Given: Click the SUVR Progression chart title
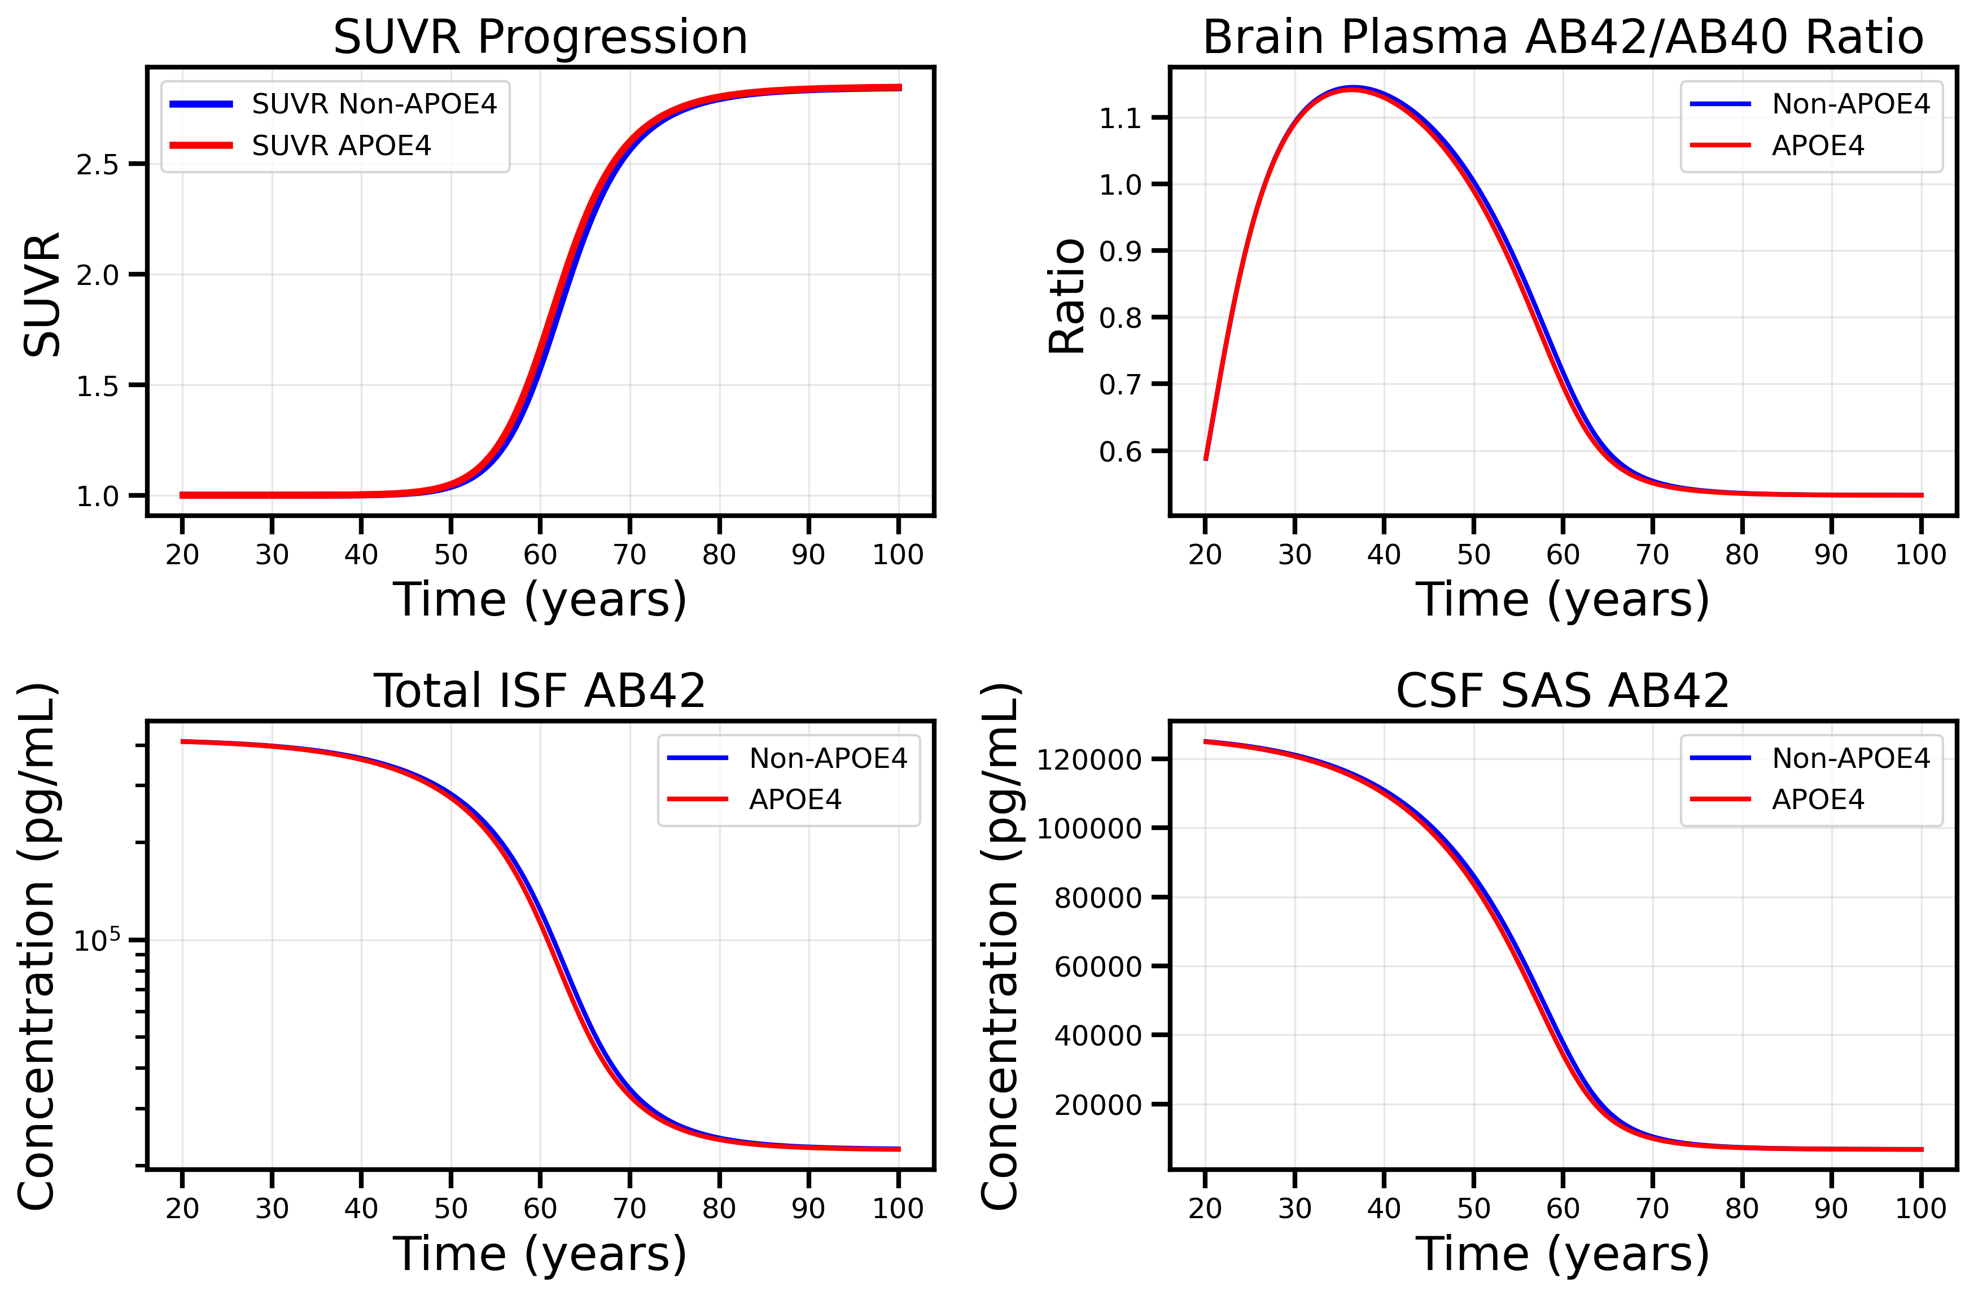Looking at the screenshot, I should [540, 37].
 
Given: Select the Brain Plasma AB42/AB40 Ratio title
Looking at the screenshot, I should [1562, 37].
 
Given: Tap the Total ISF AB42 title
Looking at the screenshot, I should [540, 691].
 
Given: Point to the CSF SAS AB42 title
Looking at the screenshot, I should [1562, 691].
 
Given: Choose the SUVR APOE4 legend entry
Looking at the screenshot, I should [341, 146].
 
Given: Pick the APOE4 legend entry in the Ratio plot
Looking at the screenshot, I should [1817, 146].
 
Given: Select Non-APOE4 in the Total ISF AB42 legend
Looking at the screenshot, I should [828, 758].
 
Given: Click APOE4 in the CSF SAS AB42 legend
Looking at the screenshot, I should [1817, 799].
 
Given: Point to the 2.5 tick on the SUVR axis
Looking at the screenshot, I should [97, 165].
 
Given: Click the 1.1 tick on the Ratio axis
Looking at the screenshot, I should [1120, 118].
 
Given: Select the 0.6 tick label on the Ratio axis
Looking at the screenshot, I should [1120, 452].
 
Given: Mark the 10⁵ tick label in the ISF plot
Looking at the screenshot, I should [97, 941].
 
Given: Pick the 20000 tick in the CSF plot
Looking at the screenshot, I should [1097, 1105].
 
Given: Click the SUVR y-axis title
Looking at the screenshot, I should [41, 295].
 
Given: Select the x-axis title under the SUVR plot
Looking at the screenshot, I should [540, 600].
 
